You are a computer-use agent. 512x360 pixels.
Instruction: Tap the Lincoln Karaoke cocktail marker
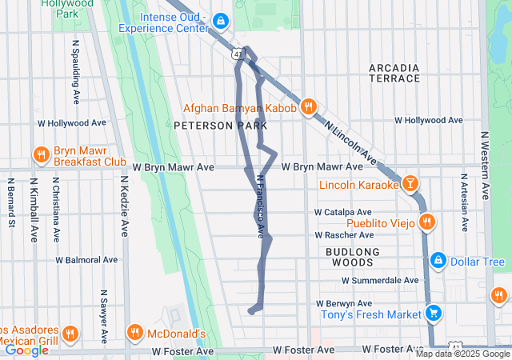tap(410, 185)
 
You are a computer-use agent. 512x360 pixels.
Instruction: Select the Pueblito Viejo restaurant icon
tap(427, 222)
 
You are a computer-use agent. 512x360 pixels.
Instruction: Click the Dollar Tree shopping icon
tap(438, 262)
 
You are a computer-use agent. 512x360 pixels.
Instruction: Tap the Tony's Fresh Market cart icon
tap(433, 313)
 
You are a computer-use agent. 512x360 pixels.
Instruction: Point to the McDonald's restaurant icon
tap(135, 333)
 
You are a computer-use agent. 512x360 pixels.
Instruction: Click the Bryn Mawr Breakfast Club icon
tap(39, 154)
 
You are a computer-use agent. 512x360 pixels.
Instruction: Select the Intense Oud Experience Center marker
tap(220, 20)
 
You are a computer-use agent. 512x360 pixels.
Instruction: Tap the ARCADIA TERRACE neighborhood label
tap(394, 73)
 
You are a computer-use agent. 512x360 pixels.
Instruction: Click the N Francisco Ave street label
tap(260, 206)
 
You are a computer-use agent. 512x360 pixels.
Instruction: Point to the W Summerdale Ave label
tap(380, 281)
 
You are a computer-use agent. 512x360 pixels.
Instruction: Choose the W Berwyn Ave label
tap(344, 304)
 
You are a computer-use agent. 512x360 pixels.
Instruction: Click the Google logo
tap(26, 350)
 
